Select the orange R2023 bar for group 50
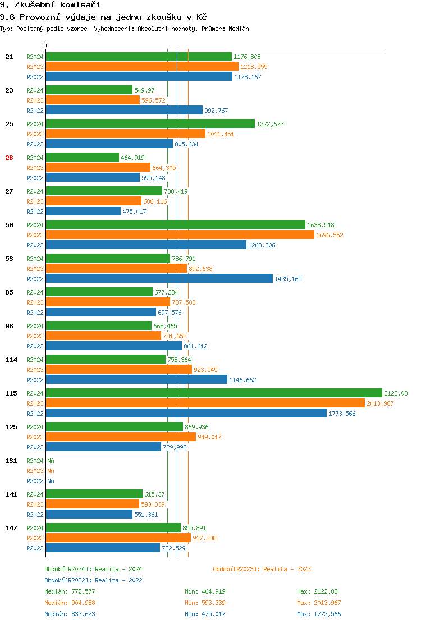180,235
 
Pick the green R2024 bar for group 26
82,158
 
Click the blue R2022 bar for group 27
83,212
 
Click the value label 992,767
216,111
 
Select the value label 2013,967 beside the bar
381,403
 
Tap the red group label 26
9,158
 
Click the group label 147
11,528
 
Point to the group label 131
11,461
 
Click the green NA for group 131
51,461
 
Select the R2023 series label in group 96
35,336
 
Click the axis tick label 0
45,45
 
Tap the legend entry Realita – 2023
262,569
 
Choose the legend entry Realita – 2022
93,580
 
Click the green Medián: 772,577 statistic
70,591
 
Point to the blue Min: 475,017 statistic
205,614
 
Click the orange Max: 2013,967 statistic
319,603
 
